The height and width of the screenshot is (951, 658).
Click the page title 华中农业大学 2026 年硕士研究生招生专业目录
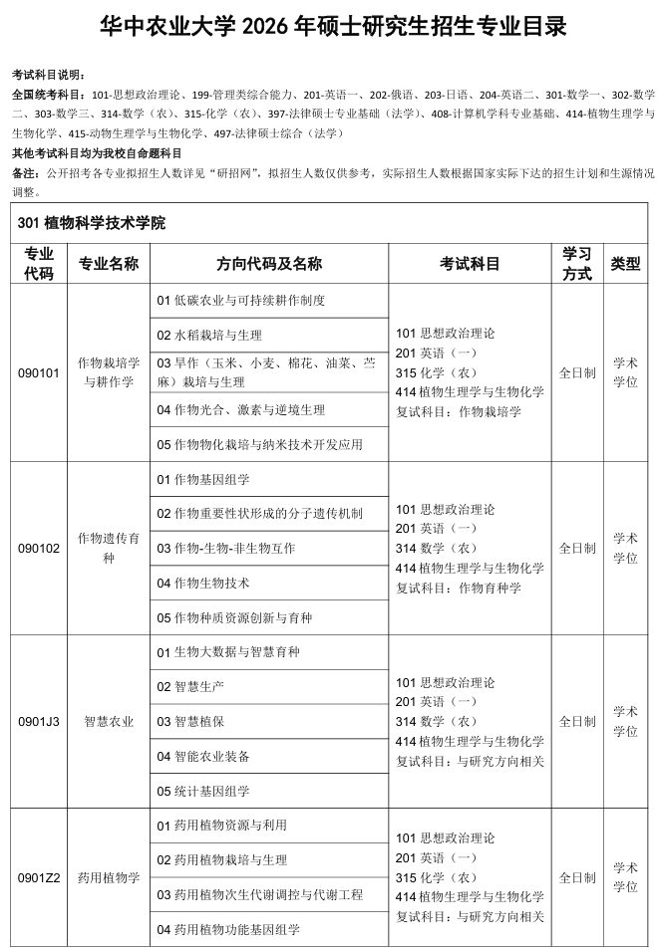coord(333,27)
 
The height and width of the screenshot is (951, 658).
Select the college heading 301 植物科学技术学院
coord(92,222)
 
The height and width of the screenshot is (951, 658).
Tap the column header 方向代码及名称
coord(269,264)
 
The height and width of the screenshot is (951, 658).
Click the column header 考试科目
coord(470,264)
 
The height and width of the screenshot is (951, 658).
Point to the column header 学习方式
coord(577,264)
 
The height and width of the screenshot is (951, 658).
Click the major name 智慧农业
coord(109,721)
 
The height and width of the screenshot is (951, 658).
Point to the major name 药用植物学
coord(109,877)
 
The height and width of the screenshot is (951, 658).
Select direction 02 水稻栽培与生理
coord(209,335)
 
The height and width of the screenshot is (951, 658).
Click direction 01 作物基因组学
coord(203,479)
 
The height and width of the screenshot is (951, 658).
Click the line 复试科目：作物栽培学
coord(459,410)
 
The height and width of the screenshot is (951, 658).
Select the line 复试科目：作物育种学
coord(459,587)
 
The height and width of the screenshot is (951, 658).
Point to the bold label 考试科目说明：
coord(50,76)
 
